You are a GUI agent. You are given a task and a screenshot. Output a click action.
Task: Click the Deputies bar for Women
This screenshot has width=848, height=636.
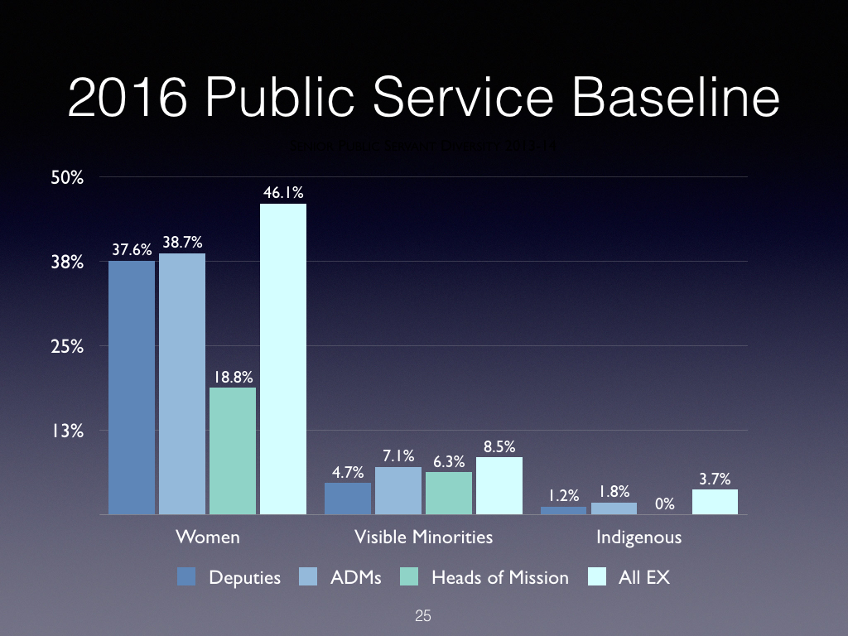coord(132,388)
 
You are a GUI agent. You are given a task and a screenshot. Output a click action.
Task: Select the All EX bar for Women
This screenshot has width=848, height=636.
coord(283,359)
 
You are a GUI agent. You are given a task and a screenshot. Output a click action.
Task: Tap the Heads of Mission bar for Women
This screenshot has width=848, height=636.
coord(233,450)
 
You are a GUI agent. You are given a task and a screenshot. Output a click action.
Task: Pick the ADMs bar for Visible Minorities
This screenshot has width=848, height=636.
coord(398,490)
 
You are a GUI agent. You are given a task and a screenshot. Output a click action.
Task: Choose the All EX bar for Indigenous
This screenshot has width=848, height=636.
coord(715,502)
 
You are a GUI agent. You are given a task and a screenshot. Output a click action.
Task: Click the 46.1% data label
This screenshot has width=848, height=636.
coord(283,193)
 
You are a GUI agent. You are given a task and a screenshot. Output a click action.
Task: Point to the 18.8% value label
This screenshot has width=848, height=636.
coord(233,377)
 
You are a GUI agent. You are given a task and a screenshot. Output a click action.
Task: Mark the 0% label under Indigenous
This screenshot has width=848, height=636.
coord(664,503)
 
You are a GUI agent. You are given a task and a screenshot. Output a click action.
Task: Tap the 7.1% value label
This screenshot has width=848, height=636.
coord(398,456)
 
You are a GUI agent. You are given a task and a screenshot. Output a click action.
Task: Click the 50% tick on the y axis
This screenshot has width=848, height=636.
coord(67,177)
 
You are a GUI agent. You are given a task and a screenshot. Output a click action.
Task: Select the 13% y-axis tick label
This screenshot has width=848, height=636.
coord(67,431)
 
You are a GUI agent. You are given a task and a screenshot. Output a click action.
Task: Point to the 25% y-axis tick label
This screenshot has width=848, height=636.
coord(67,346)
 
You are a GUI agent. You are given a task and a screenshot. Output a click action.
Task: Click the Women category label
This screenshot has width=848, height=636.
coord(208,537)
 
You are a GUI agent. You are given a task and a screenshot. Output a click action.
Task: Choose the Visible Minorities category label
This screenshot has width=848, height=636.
coord(423,537)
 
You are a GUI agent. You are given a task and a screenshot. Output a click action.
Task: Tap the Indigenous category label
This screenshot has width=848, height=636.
coord(639,537)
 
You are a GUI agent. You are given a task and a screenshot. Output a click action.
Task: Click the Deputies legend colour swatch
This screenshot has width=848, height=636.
coord(186,577)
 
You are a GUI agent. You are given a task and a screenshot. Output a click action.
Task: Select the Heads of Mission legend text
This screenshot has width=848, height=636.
coord(500,577)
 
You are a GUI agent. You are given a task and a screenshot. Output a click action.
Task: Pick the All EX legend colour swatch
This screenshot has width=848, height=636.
coord(596,577)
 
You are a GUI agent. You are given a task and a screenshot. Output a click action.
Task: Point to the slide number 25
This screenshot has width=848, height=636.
coord(423,616)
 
